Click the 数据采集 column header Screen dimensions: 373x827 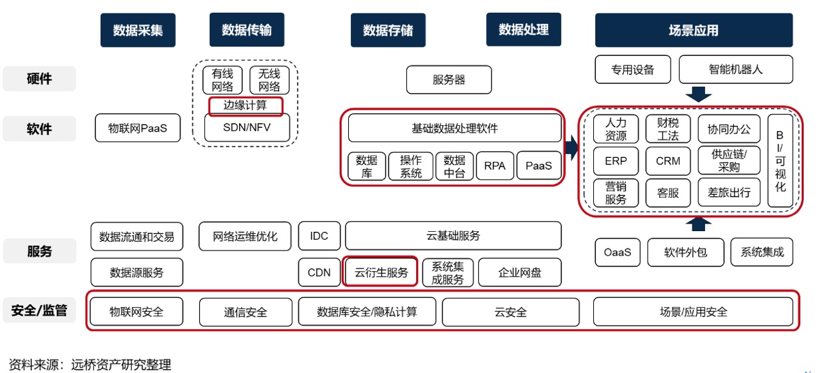coord(138,30)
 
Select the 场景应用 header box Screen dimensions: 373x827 coord(693,30)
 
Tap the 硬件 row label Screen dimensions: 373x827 coord(39,79)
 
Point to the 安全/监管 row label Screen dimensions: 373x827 coord(39,310)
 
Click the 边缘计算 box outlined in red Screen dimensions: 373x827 coord(246,105)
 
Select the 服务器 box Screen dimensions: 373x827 coord(449,80)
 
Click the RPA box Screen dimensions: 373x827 coord(495,166)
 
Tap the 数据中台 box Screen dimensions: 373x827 coord(455,166)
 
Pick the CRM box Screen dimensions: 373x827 coord(668,161)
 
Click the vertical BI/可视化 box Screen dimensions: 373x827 coord(780,161)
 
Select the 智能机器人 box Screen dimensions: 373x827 coord(736,69)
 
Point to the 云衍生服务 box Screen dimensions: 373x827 coord(381,272)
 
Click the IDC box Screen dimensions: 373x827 coord(319,236)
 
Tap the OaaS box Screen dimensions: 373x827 coord(617,252)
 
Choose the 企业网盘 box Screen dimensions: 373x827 coord(519,272)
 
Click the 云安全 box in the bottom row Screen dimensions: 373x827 coord(511,312)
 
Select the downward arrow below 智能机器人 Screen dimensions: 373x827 coord(698,94)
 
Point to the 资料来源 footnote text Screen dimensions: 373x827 coord(89,364)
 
